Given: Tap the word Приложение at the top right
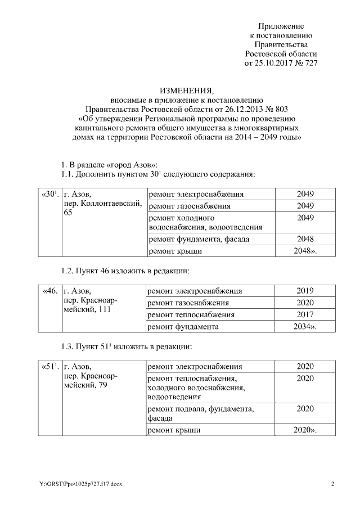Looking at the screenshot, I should pyautogui.click(x=281, y=26).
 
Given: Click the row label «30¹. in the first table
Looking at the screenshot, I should pyautogui.click(x=49, y=194).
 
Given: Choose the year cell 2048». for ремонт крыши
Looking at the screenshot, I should pyautogui.click(x=305, y=251).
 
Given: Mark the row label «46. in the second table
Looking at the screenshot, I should pyautogui.click(x=49, y=291).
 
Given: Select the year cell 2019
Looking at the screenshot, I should pyautogui.click(x=305, y=291).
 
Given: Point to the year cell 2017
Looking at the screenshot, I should pyautogui.click(x=305, y=314).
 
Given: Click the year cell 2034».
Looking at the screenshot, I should pyautogui.click(x=305, y=326).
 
